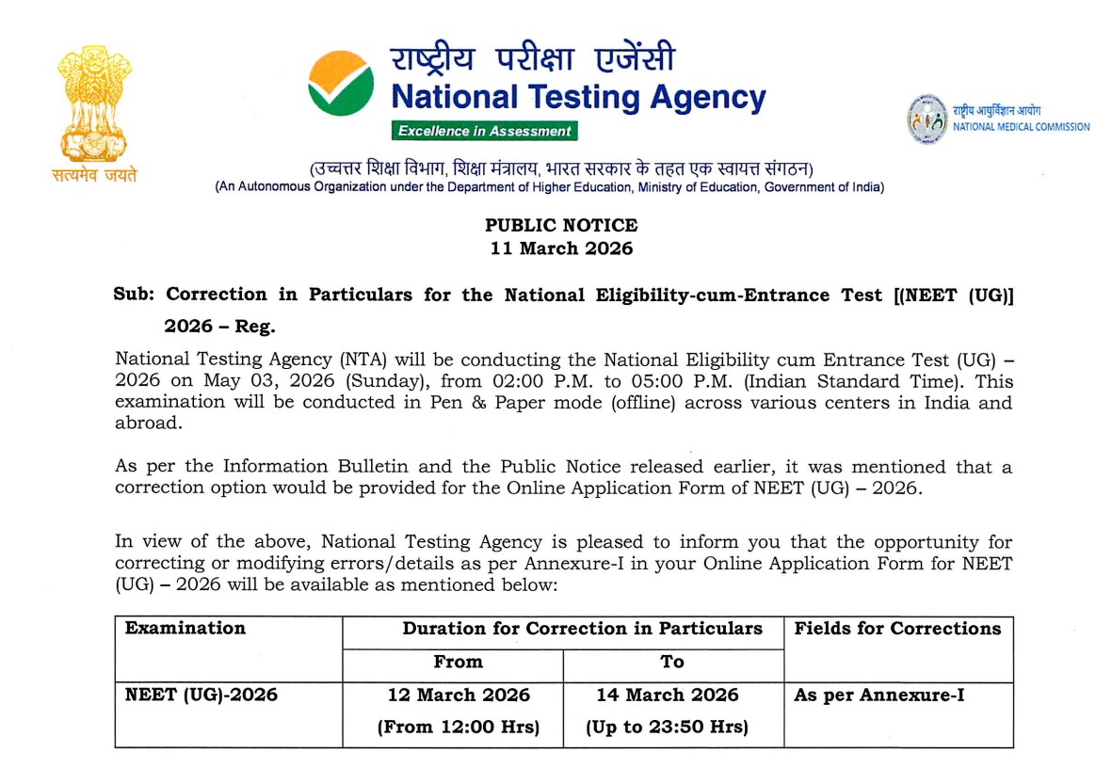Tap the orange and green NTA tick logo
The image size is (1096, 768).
341,83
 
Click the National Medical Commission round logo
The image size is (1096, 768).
927,119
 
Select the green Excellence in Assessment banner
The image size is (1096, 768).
485,131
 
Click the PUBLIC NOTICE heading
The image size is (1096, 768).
561,226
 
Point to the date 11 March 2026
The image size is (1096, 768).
561,249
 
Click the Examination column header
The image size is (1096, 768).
185,629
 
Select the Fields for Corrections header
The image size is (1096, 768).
897,629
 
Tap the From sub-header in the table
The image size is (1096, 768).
459,662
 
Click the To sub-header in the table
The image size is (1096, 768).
672,662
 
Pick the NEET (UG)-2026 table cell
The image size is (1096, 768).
201,696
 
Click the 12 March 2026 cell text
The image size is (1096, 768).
459,696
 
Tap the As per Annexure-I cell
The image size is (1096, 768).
879,696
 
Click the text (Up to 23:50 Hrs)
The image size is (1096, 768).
668,727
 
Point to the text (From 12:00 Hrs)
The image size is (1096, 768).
459,727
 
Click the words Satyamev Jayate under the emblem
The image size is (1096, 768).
94,175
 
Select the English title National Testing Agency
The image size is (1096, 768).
578,97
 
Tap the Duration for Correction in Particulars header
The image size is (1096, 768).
583,629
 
